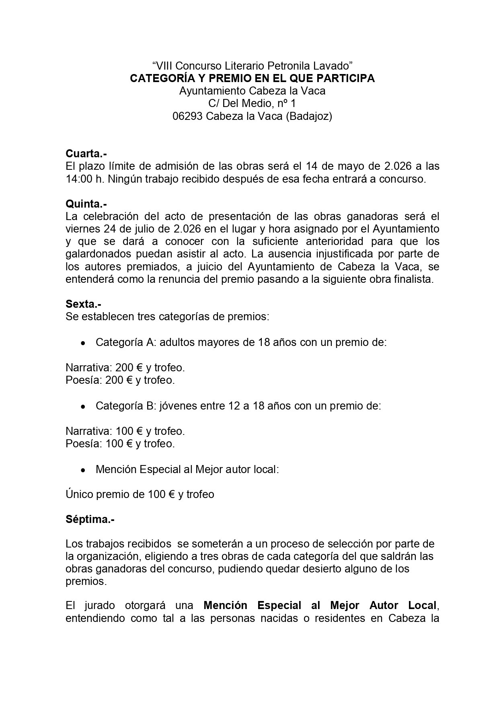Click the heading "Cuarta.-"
click(86, 154)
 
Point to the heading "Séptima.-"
click(90, 519)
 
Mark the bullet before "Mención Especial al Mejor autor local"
click(83, 470)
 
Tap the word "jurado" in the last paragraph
click(101, 605)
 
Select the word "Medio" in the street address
click(256, 103)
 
